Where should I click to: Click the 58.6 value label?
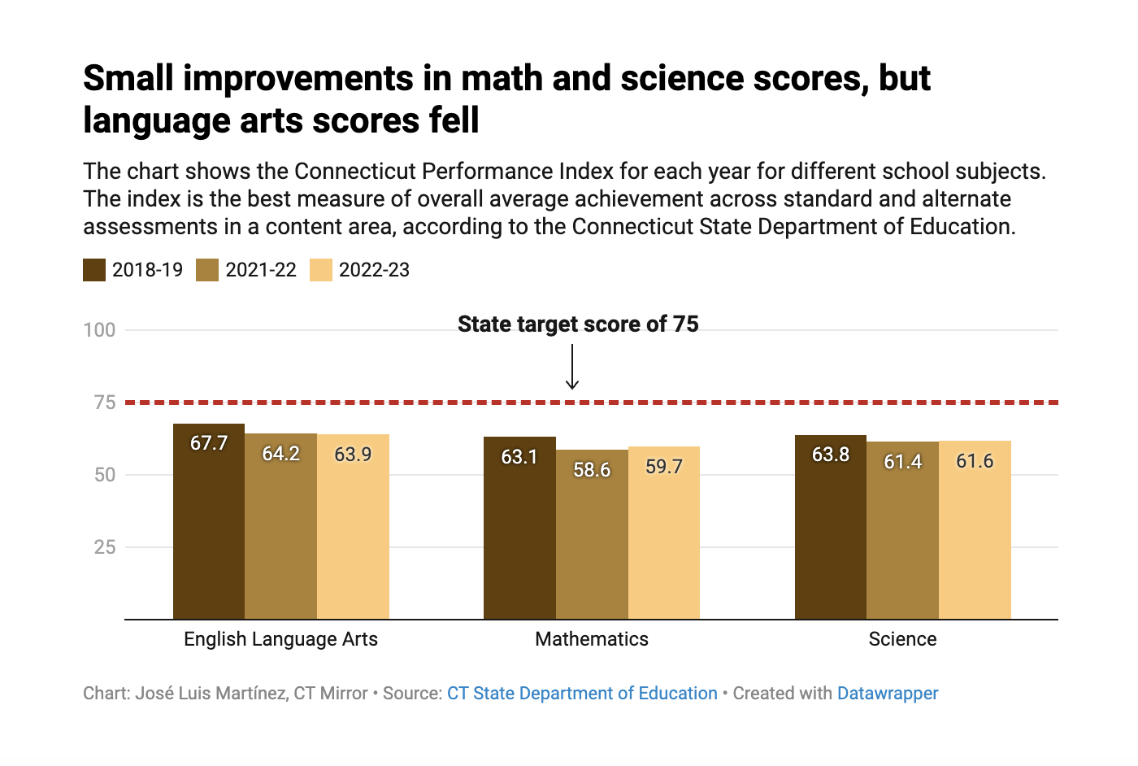click(x=592, y=470)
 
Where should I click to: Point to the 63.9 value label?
click(x=353, y=455)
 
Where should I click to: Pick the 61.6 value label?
click(x=975, y=461)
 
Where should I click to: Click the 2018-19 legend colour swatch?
click(x=94, y=270)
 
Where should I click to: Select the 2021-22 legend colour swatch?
click(x=207, y=270)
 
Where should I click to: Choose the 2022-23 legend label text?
click(x=374, y=270)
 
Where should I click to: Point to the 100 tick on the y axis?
click(x=99, y=330)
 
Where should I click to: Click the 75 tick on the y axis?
click(x=105, y=403)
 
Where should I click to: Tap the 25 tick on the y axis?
click(x=105, y=547)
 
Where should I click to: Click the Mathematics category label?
click(x=592, y=639)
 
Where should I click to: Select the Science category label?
click(x=902, y=639)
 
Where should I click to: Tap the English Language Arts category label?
click(x=280, y=639)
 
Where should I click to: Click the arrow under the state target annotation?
click(x=572, y=367)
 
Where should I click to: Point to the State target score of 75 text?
click(x=578, y=324)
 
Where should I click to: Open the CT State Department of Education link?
click(x=582, y=694)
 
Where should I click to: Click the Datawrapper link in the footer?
click(x=888, y=694)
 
